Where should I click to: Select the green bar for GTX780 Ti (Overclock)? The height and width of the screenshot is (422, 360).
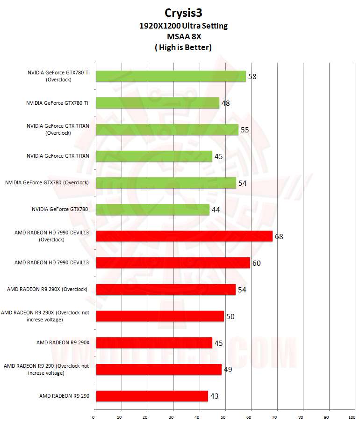coord(171,76)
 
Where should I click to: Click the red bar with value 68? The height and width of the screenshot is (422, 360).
coord(184,236)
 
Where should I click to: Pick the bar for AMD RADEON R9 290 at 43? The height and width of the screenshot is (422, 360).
coord(151,396)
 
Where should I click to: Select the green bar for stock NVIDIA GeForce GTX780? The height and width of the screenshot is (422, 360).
coord(152,210)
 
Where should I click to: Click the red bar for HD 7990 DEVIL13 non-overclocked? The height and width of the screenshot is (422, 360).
coord(173,263)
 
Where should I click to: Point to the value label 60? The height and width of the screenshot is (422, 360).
coord(256,263)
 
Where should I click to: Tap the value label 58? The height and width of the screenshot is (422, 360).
coord(252,76)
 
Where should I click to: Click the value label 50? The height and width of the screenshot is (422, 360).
coord(230,317)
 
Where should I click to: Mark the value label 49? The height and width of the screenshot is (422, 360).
coord(228,370)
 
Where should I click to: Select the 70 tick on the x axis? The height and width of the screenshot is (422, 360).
coord(277,416)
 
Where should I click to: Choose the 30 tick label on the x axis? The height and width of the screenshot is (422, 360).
coord(173,416)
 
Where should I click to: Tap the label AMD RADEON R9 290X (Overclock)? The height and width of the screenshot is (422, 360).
coord(47,290)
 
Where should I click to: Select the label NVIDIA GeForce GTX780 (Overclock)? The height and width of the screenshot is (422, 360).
coord(47,183)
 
